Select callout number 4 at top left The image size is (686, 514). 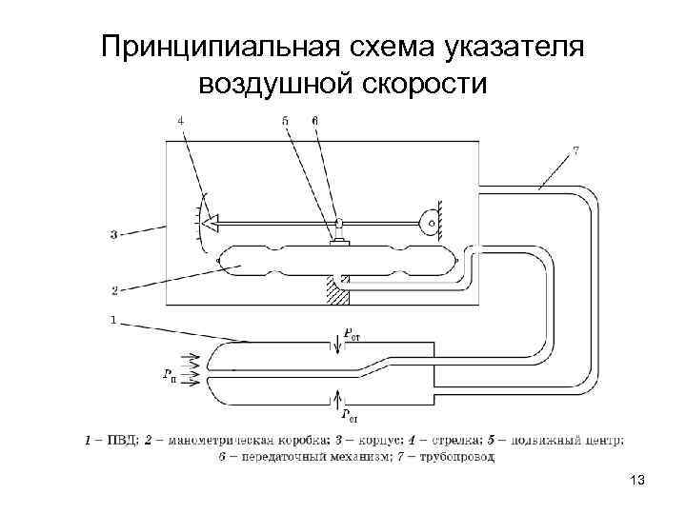[181, 120]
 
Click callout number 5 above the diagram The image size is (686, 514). [285, 120]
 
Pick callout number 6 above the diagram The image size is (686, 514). [315, 120]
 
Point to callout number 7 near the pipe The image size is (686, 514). [575, 149]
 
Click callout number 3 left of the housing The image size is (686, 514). [113, 233]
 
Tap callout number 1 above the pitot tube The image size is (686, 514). [113, 321]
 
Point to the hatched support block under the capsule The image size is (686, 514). [337, 290]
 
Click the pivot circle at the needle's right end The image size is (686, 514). [432, 223]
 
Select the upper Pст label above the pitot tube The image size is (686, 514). [352, 334]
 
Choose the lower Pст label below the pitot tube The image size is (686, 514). [350, 414]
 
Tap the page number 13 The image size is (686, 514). [637, 481]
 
